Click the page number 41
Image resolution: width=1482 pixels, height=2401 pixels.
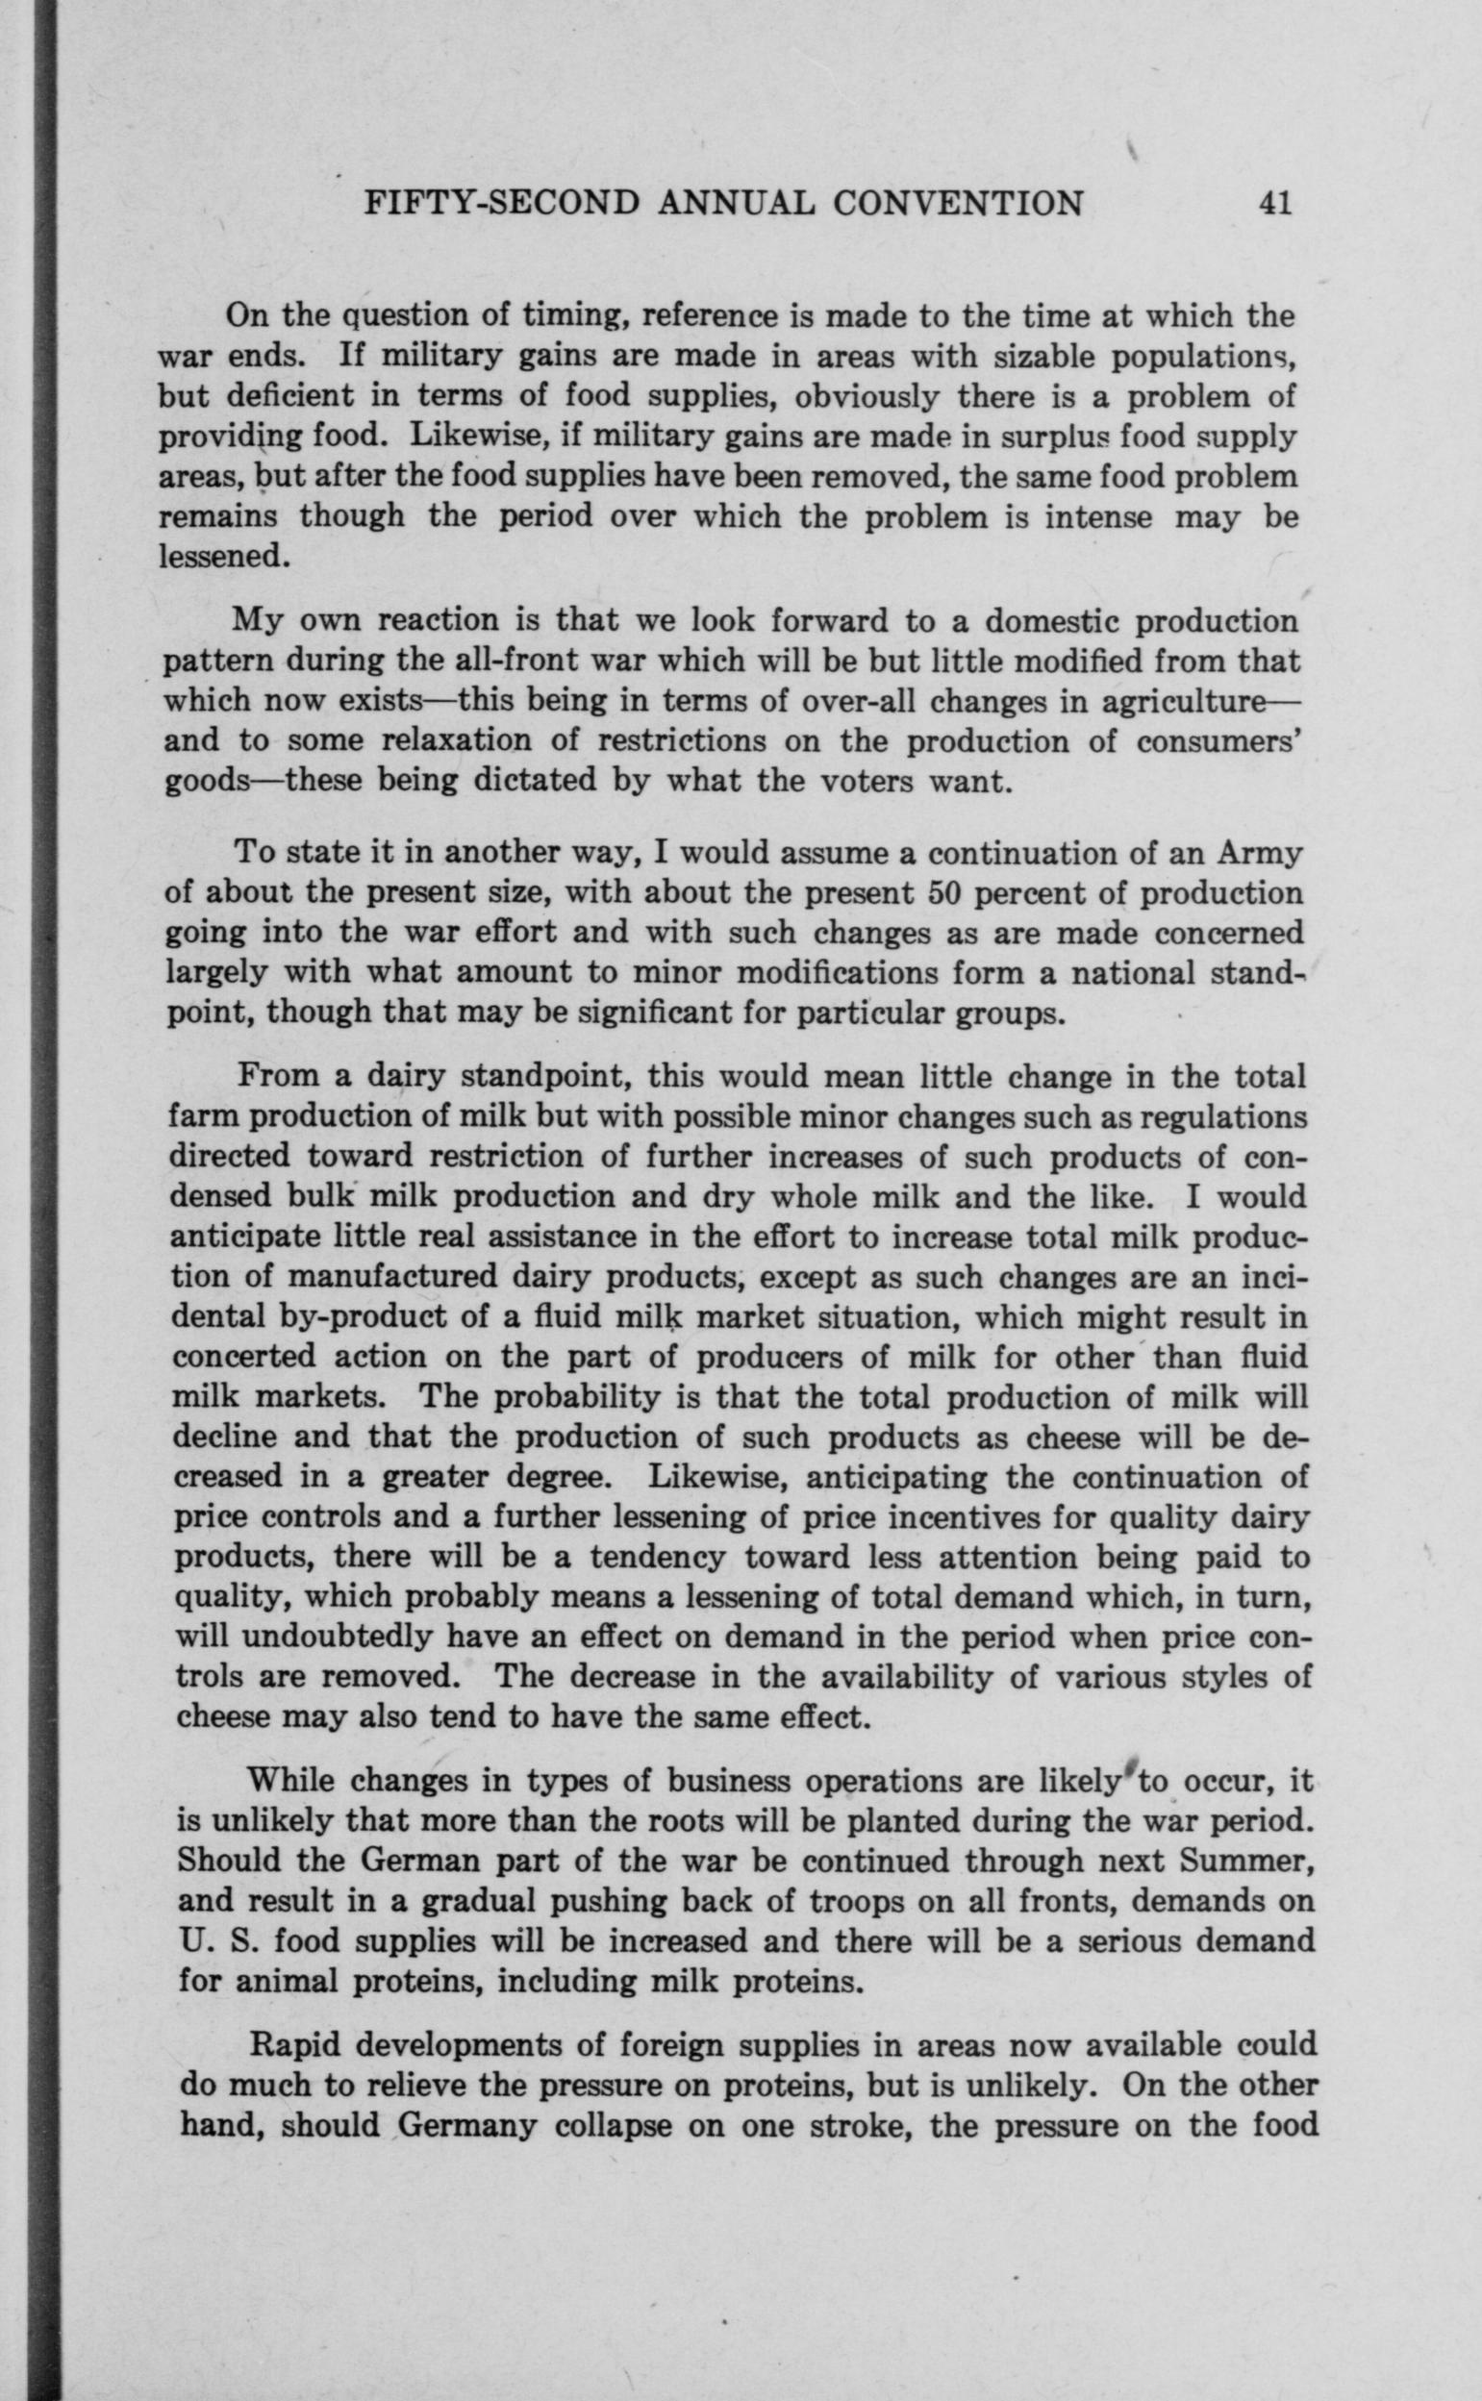[1272, 203]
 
